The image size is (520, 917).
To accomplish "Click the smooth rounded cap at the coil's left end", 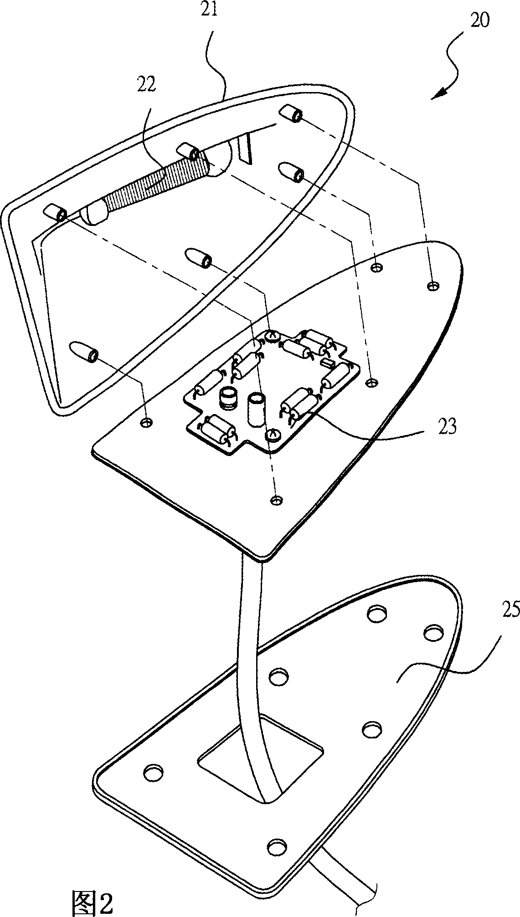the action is (x=94, y=214).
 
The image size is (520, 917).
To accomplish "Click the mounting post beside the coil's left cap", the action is (x=56, y=212).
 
